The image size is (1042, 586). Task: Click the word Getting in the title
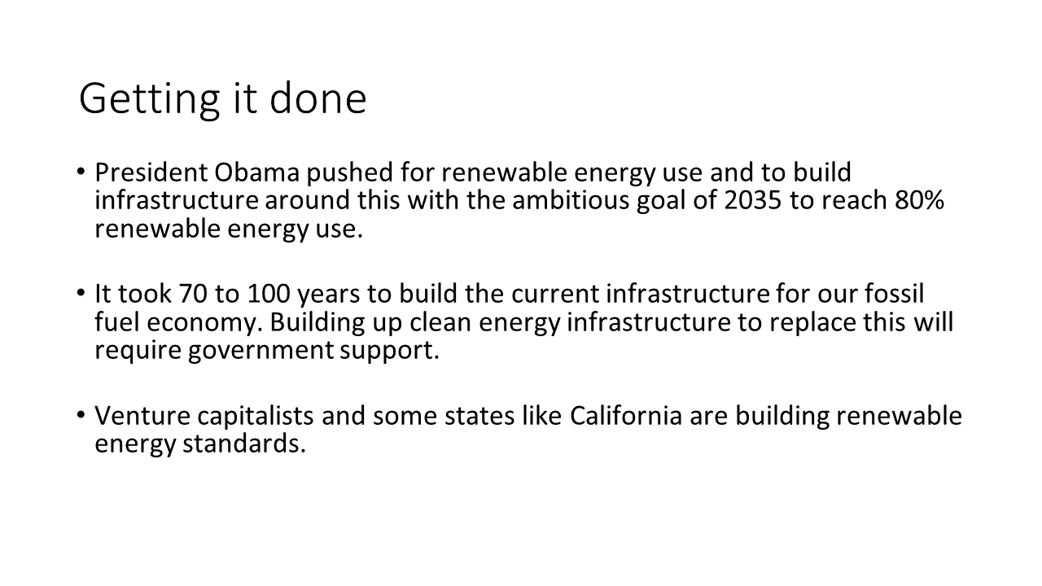point(149,99)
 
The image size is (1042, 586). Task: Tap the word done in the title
point(318,98)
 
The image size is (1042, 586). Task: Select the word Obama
point(256,172)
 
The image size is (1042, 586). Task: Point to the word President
point(151,172)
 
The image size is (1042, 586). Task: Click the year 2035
point(753,200)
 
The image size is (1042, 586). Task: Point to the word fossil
point(894,293)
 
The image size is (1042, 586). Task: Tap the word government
point(260,351)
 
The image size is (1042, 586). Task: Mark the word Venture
point(142,415)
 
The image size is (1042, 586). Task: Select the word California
point(626,415)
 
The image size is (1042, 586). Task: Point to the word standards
point(244,444)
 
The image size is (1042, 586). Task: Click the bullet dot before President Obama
point(81,171)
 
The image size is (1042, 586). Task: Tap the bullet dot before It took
point(81,293)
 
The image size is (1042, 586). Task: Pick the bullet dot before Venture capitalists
point(81,414)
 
